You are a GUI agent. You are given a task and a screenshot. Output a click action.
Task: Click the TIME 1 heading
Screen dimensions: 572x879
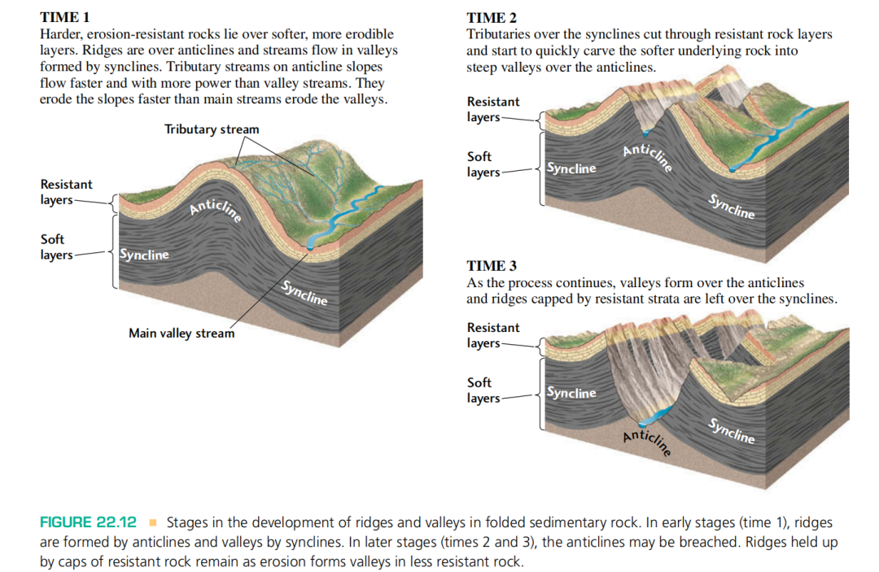point(65,17)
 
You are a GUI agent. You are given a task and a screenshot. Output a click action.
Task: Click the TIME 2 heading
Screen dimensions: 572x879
point(492,17)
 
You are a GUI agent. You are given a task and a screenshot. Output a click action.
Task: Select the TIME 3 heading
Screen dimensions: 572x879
point(492,265)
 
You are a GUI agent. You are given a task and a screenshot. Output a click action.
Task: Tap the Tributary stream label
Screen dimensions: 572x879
point(212,129)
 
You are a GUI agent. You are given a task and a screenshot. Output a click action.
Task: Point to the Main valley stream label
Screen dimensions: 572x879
point(181,333)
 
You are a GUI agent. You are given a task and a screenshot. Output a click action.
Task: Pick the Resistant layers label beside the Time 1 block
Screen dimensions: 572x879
point(66,192)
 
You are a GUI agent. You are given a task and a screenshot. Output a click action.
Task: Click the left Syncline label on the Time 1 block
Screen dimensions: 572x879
point(144,255)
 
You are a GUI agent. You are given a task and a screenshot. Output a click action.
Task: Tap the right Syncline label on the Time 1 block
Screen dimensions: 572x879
point(304,292)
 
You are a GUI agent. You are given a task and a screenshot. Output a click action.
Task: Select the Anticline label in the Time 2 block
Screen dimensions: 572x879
point(648,156)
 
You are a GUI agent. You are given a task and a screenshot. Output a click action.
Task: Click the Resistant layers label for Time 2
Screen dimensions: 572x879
point(492,109)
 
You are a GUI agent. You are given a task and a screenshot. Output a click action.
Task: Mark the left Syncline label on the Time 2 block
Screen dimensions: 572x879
point(571,168)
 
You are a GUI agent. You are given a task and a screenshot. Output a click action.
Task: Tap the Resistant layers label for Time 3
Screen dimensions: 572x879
point(492,335)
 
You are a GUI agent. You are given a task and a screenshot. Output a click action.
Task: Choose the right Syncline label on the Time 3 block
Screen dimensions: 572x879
point(731,430)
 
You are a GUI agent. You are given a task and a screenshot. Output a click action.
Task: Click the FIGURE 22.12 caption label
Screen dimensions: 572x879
point(88,522)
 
